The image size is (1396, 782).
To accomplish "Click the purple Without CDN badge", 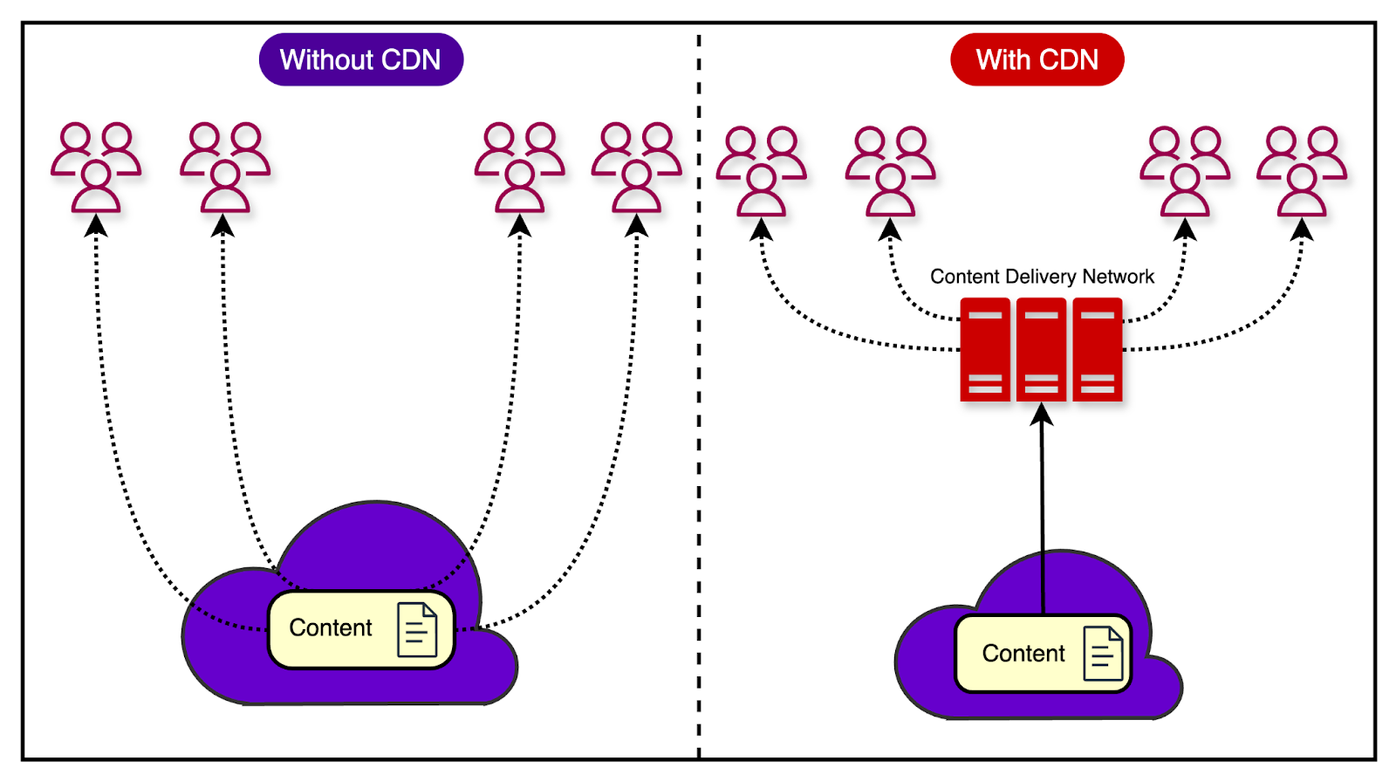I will tap(360, 59).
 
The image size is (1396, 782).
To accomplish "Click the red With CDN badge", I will tap(1037, 59).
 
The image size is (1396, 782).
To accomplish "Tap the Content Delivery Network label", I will tap(1042, 277).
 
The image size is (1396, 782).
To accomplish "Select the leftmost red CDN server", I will tap(985, 350).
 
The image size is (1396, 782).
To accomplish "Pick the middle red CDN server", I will tap(1041, 350).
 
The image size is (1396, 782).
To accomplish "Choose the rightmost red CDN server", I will tap(1097, 350).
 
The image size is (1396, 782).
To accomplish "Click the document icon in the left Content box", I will tap(417, 629).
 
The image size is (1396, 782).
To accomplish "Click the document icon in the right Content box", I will tap(1103, 654).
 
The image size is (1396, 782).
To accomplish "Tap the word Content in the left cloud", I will tap(331, 628).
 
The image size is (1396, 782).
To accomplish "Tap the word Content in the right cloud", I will tap(1023, 654).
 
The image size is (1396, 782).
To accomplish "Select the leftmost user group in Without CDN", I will tap(96, 168).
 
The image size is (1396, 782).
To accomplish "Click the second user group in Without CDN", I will tap(225, 168).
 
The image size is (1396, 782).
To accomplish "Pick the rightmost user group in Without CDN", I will tap(637, 168).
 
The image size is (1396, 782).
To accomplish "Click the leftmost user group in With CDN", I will tap(762, 171).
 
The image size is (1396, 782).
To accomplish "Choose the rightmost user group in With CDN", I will tap(1302, 171).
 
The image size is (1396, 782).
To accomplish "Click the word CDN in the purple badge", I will tap(411, 59).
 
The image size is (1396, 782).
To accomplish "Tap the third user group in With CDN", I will tap(1185, 171).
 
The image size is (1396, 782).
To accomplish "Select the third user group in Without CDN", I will tap(520, 168).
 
